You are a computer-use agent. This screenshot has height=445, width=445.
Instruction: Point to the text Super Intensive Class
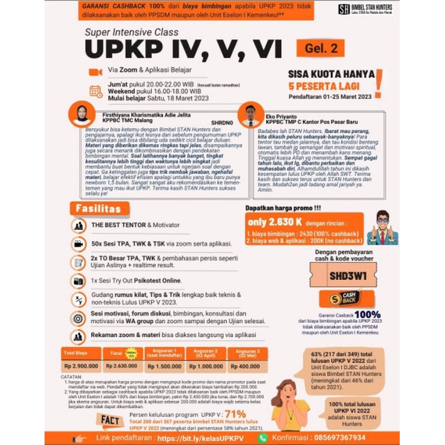pyautogui.click(x=132, y=32)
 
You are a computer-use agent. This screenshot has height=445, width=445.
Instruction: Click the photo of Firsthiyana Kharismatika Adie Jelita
pyautogui.click(x=83, y=114)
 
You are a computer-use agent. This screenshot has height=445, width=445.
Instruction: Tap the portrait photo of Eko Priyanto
pyautogui.click(x=248, y=113)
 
